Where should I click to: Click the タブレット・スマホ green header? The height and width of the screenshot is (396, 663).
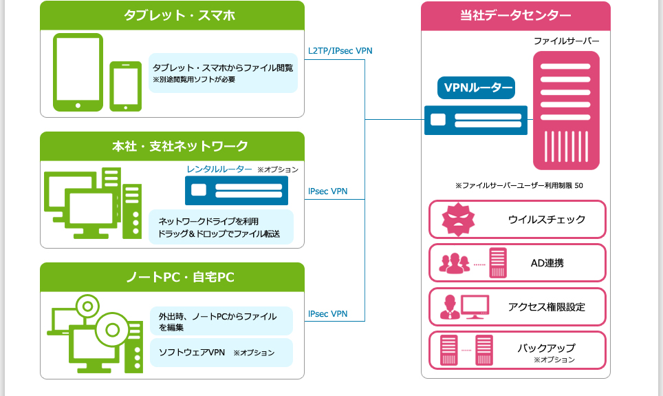pos(172,15)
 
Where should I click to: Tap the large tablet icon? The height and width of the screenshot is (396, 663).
pos(78,72)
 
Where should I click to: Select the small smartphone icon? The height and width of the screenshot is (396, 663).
pos(126,86)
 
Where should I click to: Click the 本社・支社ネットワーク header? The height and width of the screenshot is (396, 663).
pos(172,146)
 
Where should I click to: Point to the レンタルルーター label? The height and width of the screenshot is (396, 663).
pos(219,169)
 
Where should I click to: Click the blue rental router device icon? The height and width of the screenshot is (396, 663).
pos(236,190)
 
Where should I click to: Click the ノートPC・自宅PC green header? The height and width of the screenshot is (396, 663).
pos(172,277)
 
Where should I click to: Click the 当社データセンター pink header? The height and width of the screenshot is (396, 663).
pos(515,16)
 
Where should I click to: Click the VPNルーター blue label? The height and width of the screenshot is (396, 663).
pos(476,87)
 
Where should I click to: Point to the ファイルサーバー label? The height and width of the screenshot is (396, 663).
pos(567,41)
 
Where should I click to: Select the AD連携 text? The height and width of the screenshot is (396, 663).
pos(547,263)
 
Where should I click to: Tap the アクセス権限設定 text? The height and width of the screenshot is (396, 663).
pos(546,307)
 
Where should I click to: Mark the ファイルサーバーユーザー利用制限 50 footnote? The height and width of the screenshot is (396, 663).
pos(519,186)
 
